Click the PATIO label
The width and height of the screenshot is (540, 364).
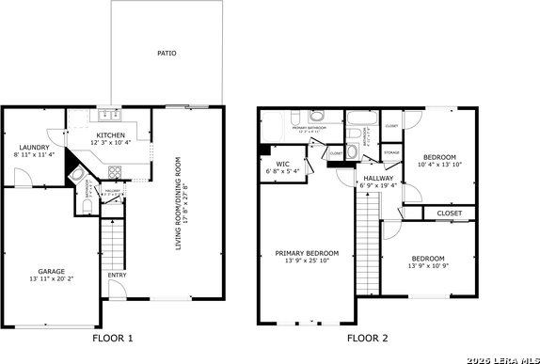point(167,54)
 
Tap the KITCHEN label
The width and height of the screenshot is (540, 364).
point(111,135)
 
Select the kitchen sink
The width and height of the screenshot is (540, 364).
point(106,118)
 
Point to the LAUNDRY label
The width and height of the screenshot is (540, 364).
point(34,146)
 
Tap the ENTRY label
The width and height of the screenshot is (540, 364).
point(117,275)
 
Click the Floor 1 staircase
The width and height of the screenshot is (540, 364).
point(113,240)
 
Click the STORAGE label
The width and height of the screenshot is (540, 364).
point(391,152)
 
